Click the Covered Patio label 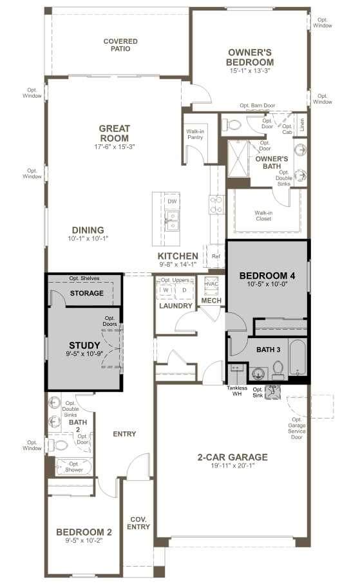point(120,44)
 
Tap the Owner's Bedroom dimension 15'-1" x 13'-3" point(250,70)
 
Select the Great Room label point(115,133)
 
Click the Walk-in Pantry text point(195,134)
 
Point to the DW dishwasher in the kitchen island point(172,201)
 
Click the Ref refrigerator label point(216,256)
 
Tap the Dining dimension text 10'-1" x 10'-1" point(88,238)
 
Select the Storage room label point(87,293)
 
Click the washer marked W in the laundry point(166,290)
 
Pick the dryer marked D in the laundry point(184,290)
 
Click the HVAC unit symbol point(211,285)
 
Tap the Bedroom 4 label point(267,276)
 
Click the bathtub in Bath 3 point(298,357)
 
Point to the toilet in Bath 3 point(278,370)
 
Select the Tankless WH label point(237,391)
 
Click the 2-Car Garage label point(232,457)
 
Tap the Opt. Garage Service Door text point(297,428)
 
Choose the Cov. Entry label point(138,523)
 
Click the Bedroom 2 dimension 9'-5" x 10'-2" point(84,540)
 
